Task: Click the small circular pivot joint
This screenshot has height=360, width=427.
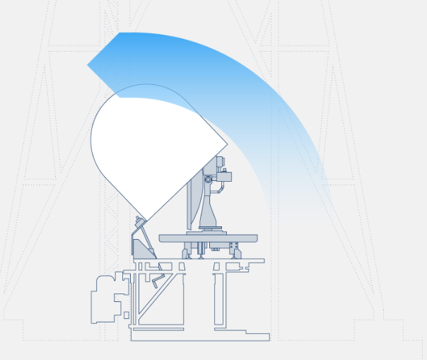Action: click(208, 180)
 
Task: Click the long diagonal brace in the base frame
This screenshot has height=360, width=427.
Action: click(156, 297)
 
